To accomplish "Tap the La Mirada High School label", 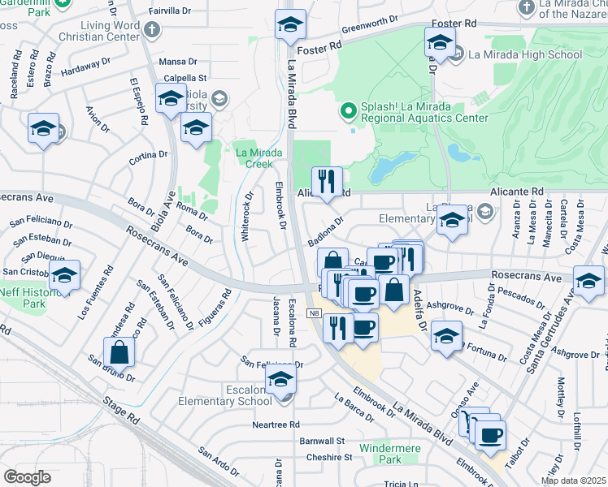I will point(525,54).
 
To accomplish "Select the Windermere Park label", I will point(390,453).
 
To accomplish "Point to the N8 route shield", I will point(315,313).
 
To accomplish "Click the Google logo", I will point(27,477).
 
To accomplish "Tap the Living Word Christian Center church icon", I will point(152,30).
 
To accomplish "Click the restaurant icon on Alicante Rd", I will point(328,182).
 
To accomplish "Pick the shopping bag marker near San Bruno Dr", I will point(119,353).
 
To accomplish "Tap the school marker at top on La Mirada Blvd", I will point(290,25).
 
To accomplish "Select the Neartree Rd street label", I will point(276,425).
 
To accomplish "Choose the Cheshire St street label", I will point(329,457).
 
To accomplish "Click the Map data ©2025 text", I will point(574,481).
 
